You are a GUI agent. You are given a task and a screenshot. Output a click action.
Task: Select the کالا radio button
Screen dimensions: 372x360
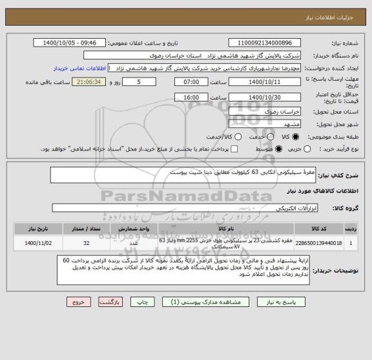click(x=296, y=137)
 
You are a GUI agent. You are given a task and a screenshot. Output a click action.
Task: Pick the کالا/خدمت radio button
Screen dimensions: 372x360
click(x=238, y=137)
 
